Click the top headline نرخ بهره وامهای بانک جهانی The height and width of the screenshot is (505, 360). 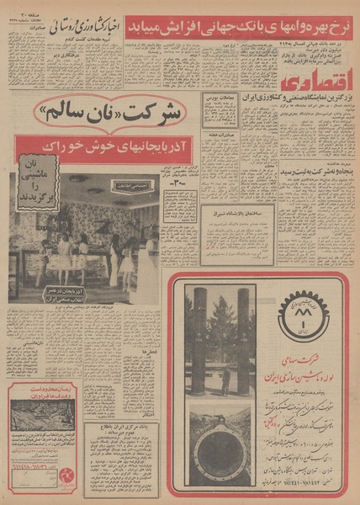(x=243, y=19)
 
